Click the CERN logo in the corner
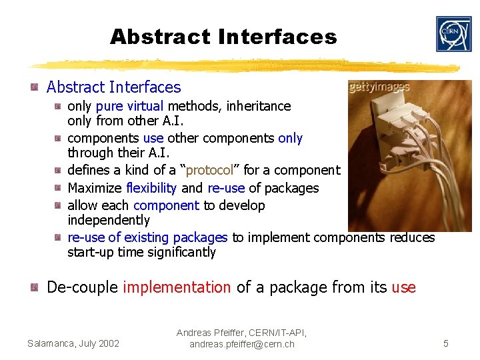click(453, 34)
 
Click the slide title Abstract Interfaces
click(223, 37)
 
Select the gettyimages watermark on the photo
click(379, 88)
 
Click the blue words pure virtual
click(130, 106)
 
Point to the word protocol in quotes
click(209, 171)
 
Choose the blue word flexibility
click(151, 188)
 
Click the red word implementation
click(177, 287)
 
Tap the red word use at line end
click(403, 287)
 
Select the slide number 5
click(446, 343)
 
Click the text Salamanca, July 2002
click(73, 343)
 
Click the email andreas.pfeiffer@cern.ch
click(241, 345)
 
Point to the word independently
click(109, 220)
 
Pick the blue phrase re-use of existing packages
click(147, 237)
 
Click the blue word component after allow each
click(166, 205)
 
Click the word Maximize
click(94, 188)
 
